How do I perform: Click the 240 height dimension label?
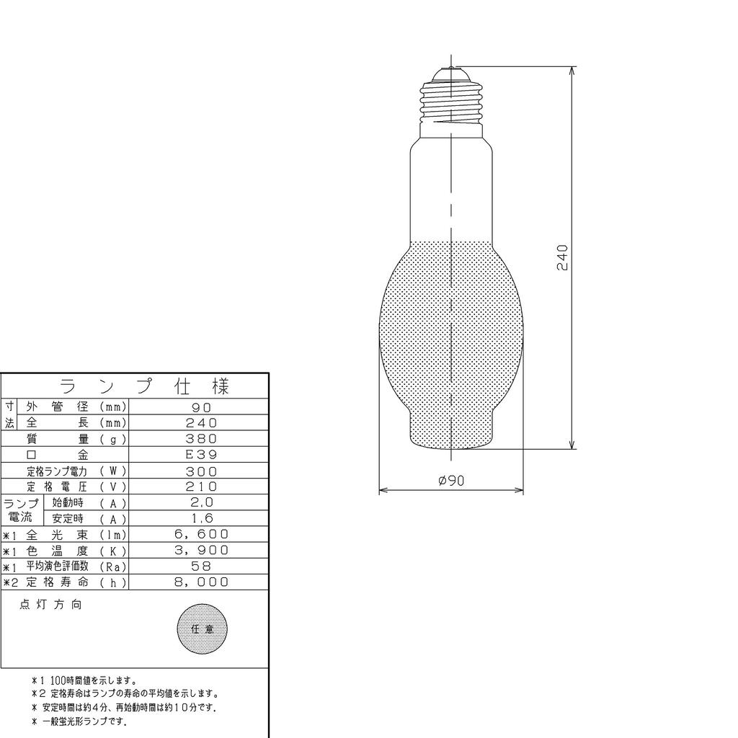pyautogui.click(x=563, y=257)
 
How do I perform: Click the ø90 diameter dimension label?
pyautogui.click(x=451, y=481)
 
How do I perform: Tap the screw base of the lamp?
pyautogui.click(x=451, y=101)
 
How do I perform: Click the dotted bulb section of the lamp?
pyautogui.click(x=451, y=339)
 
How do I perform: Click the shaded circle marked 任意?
pyautogui.click(x=203, y=628)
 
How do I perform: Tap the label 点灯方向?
pyautogui.click(x=50, y=605)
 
